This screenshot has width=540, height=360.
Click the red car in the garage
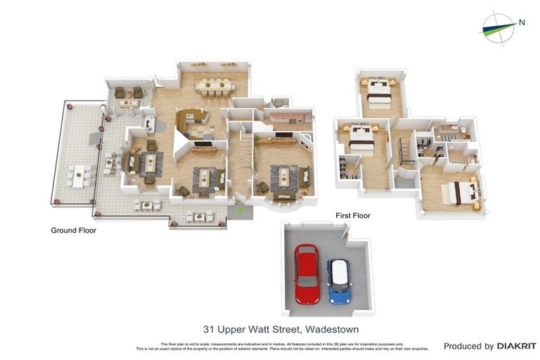tap(307, 274)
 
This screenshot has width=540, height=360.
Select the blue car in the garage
tap(340, 281)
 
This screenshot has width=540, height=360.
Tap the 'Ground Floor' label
tap(73, 230)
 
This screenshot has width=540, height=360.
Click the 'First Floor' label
tap(352, 216)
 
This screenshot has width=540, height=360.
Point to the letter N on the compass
tap(522, 22)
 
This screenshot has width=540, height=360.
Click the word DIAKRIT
tap(517, 346)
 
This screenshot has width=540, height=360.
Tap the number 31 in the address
tap(209, 329)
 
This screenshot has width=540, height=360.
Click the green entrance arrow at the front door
tap(241, 209)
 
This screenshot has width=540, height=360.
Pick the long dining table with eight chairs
tap(214, 86)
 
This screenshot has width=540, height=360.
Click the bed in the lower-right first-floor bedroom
tap(459, 191)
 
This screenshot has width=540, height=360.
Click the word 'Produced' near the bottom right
tap(468, 346)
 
